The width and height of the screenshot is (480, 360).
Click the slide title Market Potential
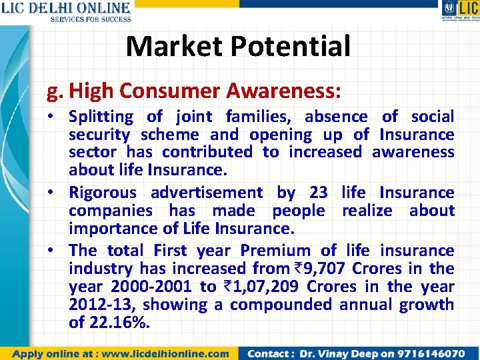tap(238, 46)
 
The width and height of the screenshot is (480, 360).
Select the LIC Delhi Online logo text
tap(65, 9)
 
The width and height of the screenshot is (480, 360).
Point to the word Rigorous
tap(103, 193)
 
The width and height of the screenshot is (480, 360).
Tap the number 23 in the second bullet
tap(319, 193)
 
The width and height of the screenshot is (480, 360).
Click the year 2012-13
tap(102, 305)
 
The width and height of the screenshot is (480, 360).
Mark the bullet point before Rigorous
tap(60, 193)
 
